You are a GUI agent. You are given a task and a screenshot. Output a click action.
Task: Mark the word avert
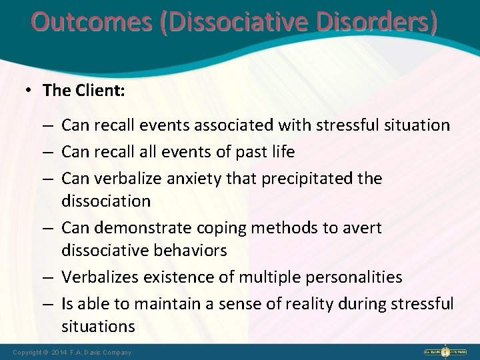tap(363, 228)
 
